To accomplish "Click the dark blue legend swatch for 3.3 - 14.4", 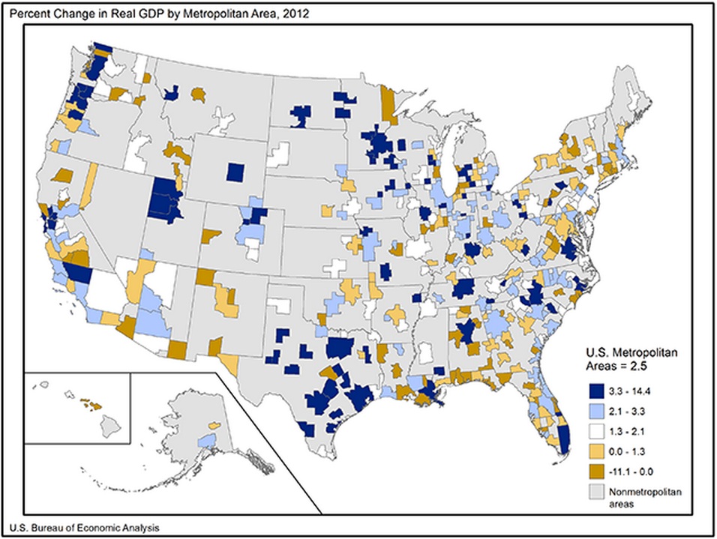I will point(595,391).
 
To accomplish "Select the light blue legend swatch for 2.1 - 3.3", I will point(595,411).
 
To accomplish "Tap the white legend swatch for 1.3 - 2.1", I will point(595,431).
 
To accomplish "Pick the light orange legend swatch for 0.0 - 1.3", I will point(595,451).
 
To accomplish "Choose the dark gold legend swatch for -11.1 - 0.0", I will point(595,472).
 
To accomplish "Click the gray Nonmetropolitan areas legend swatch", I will point(595,492).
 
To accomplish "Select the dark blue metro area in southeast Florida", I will point(565,438).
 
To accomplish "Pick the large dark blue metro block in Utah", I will point(165,199).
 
